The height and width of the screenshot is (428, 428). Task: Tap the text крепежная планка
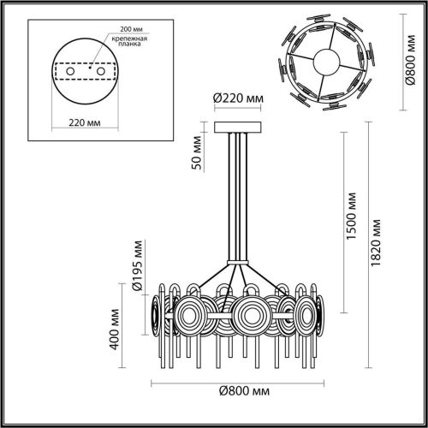(x=131, y=45)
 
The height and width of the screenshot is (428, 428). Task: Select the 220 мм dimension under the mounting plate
(x=84, y=122)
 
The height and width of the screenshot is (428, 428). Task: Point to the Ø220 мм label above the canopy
(x=237, y=99)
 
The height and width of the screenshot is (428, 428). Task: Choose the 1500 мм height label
(x=350, y=226)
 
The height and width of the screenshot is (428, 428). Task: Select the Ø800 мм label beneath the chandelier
(x=241, y=392)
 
